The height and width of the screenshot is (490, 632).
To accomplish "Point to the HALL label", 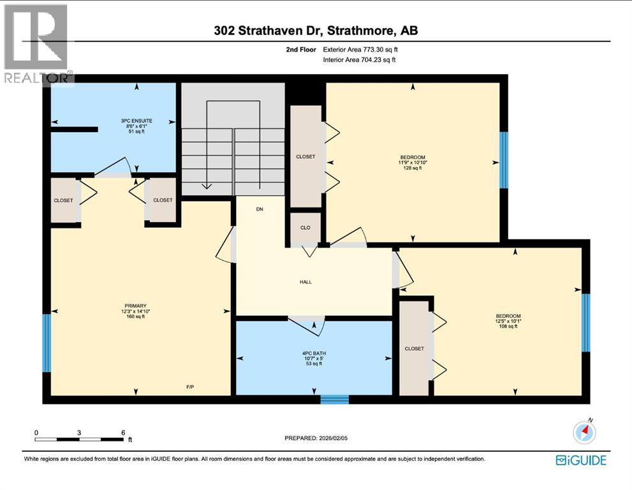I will [305, 281].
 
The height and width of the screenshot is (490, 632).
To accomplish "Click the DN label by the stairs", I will [260, 209].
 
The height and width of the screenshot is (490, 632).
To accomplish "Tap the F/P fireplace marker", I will [189, 387].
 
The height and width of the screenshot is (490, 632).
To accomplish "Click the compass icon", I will [584, 433].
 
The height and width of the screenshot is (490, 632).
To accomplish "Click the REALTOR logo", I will [37, 45].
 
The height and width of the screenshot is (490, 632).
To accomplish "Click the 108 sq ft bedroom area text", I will [508, 327].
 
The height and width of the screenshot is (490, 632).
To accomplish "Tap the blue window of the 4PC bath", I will [334, 399].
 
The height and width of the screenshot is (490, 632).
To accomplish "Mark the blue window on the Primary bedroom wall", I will [46, 343].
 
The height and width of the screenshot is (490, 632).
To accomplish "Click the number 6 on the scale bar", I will [122, 432].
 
